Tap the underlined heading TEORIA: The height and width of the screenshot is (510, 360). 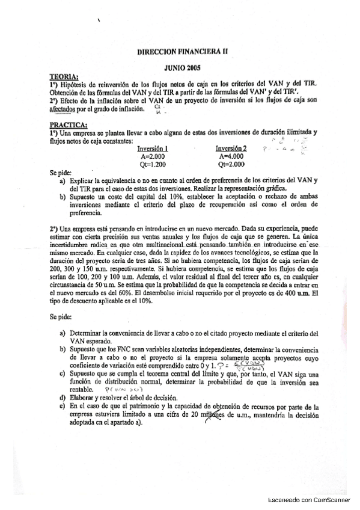point(64,78)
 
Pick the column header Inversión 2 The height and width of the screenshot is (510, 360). point(231,148)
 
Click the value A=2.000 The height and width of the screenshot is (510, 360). point(152,156)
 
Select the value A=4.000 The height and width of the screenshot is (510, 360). point(231,156)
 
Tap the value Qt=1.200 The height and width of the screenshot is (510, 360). point(152,164)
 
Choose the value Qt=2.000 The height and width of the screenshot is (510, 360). point(231,164)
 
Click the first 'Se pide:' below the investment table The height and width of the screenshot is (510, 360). point(60,173)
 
